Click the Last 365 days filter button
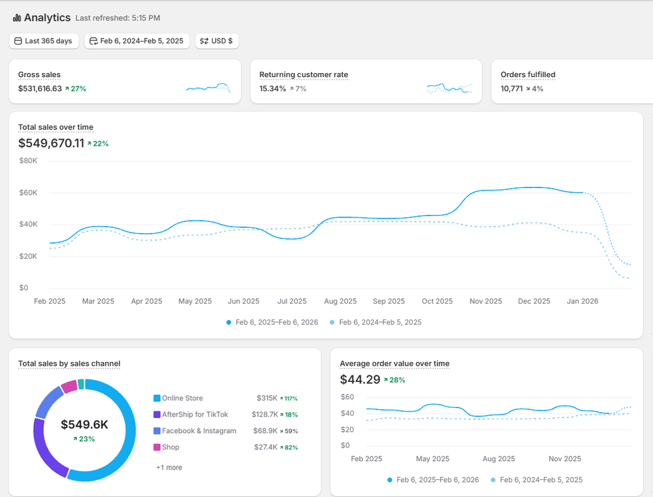(44, 41)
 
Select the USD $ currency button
(217, 41)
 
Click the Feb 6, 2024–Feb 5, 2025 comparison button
(137, 41)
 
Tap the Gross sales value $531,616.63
(40, 89)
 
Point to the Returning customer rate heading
(304, 75)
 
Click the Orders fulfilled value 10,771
(511, 89)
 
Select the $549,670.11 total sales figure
(51, 143)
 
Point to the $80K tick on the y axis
(28, 161)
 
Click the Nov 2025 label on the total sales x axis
(486, 302)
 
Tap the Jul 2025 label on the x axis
(292, 302)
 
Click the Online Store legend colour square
(157, 398)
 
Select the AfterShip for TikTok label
(195, 415)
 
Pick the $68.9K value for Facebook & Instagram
(264, 431)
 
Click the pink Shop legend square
(157, 447)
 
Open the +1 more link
(169, 468)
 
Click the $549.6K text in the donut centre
(84, 425)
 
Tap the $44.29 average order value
(360, 379)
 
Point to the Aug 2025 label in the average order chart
(498, 459)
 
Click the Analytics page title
(47, 18)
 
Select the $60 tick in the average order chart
(347, 397)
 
